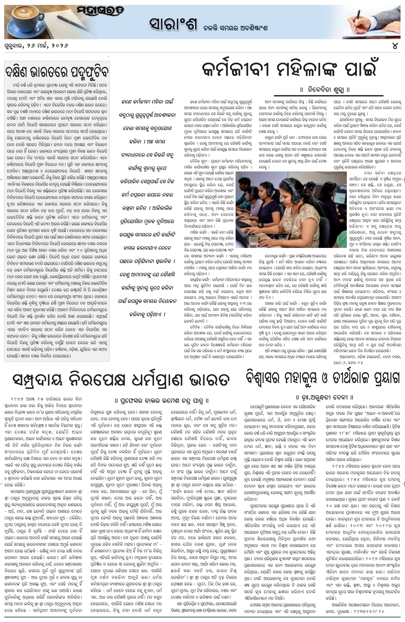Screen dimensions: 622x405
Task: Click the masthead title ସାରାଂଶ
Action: (x=172, y=25)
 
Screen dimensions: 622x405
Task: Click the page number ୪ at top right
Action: (x=395, y=46)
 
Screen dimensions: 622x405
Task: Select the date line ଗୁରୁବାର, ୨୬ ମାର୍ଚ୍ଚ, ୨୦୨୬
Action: (x=37, y=46)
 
